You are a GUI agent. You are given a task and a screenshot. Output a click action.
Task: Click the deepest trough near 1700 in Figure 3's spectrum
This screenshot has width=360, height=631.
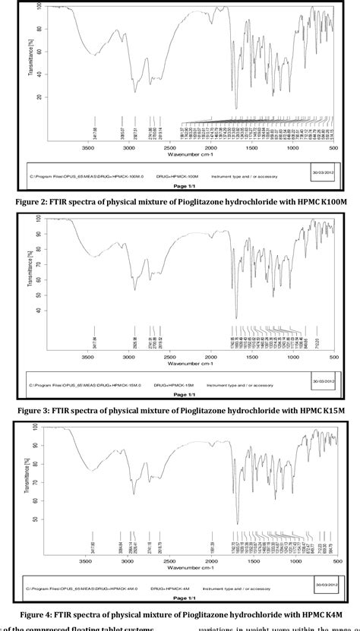click(236, 317)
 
